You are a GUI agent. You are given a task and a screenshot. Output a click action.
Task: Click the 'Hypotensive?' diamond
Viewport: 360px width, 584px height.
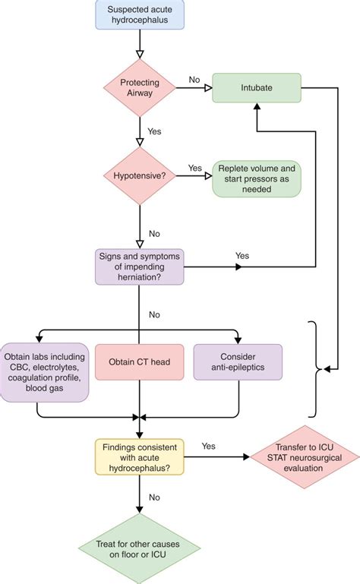click(x=138, y=176)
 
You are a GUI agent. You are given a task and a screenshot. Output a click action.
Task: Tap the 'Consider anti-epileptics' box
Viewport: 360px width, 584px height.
click(x=238, y=363)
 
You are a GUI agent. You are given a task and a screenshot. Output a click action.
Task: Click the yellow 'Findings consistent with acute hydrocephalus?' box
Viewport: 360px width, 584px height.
click(x=138, y=458)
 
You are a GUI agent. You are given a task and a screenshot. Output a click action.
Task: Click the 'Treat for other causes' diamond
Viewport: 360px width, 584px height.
click(x=138, y=549)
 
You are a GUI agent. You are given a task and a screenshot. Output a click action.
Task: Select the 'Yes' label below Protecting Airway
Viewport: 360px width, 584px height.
click(x=154, y=131)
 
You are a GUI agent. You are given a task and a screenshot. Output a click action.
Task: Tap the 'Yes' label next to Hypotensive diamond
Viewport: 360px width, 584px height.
click(x=194, y=167)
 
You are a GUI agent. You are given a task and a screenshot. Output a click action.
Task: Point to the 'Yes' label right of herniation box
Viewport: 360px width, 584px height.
click(x=242, y=256)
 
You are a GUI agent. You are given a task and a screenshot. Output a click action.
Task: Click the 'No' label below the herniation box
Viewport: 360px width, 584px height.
click(x=154, y=313)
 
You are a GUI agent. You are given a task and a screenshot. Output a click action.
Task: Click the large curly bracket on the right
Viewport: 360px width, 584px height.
click(x=314, y=369)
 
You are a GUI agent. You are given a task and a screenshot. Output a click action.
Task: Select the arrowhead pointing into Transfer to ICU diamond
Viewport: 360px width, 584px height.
click(x=247, y=458)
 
